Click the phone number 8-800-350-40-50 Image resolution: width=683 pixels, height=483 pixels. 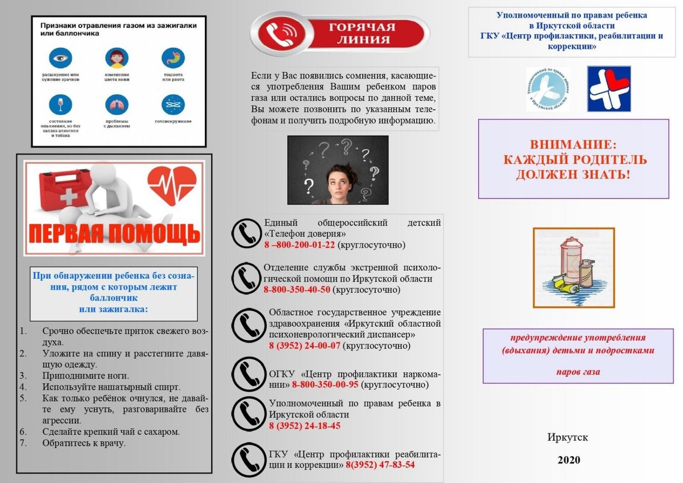[x=297, y=290]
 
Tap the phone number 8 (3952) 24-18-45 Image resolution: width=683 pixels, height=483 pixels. [x=304, y=425]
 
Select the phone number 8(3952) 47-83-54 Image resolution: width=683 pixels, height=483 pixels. [x=380, y=464]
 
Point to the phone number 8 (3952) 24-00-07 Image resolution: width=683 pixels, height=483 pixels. [x=304, y=345]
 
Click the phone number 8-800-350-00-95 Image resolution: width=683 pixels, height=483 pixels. [x=325, y=384]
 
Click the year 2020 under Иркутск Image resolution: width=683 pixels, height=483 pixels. [x=568, y=460]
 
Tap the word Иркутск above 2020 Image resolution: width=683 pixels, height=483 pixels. [x=568, y=437]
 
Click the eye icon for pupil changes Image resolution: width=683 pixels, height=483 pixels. [x=60, y=58]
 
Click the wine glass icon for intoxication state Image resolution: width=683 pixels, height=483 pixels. [x=60, y=104]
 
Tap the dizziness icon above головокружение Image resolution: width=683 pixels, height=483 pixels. [x=173, y=104]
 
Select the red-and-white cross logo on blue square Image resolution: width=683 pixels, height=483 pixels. [x=609, y=88]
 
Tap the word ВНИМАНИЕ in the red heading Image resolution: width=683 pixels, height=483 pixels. [x=573, y=144]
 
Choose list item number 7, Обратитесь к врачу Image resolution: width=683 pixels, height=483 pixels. [x=84, y=443]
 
